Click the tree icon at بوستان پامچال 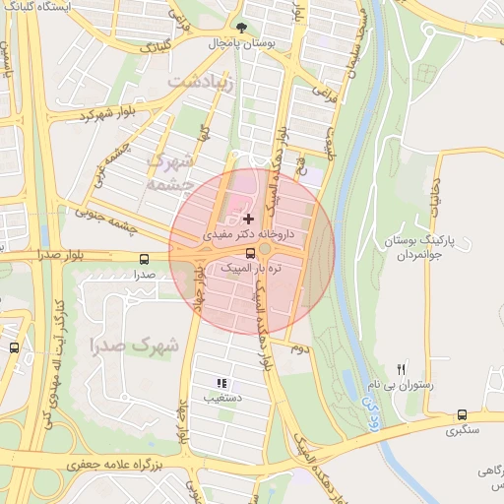pos(242,28)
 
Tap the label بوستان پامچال pos(242,44)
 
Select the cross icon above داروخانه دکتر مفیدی pos(247,218)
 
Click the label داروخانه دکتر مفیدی pos(249,236)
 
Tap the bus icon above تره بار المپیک pos(249,253)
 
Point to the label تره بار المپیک pos(250,268)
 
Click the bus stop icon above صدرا pos(145,260)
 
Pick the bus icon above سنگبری pos(463,415)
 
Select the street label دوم pos(299,349)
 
